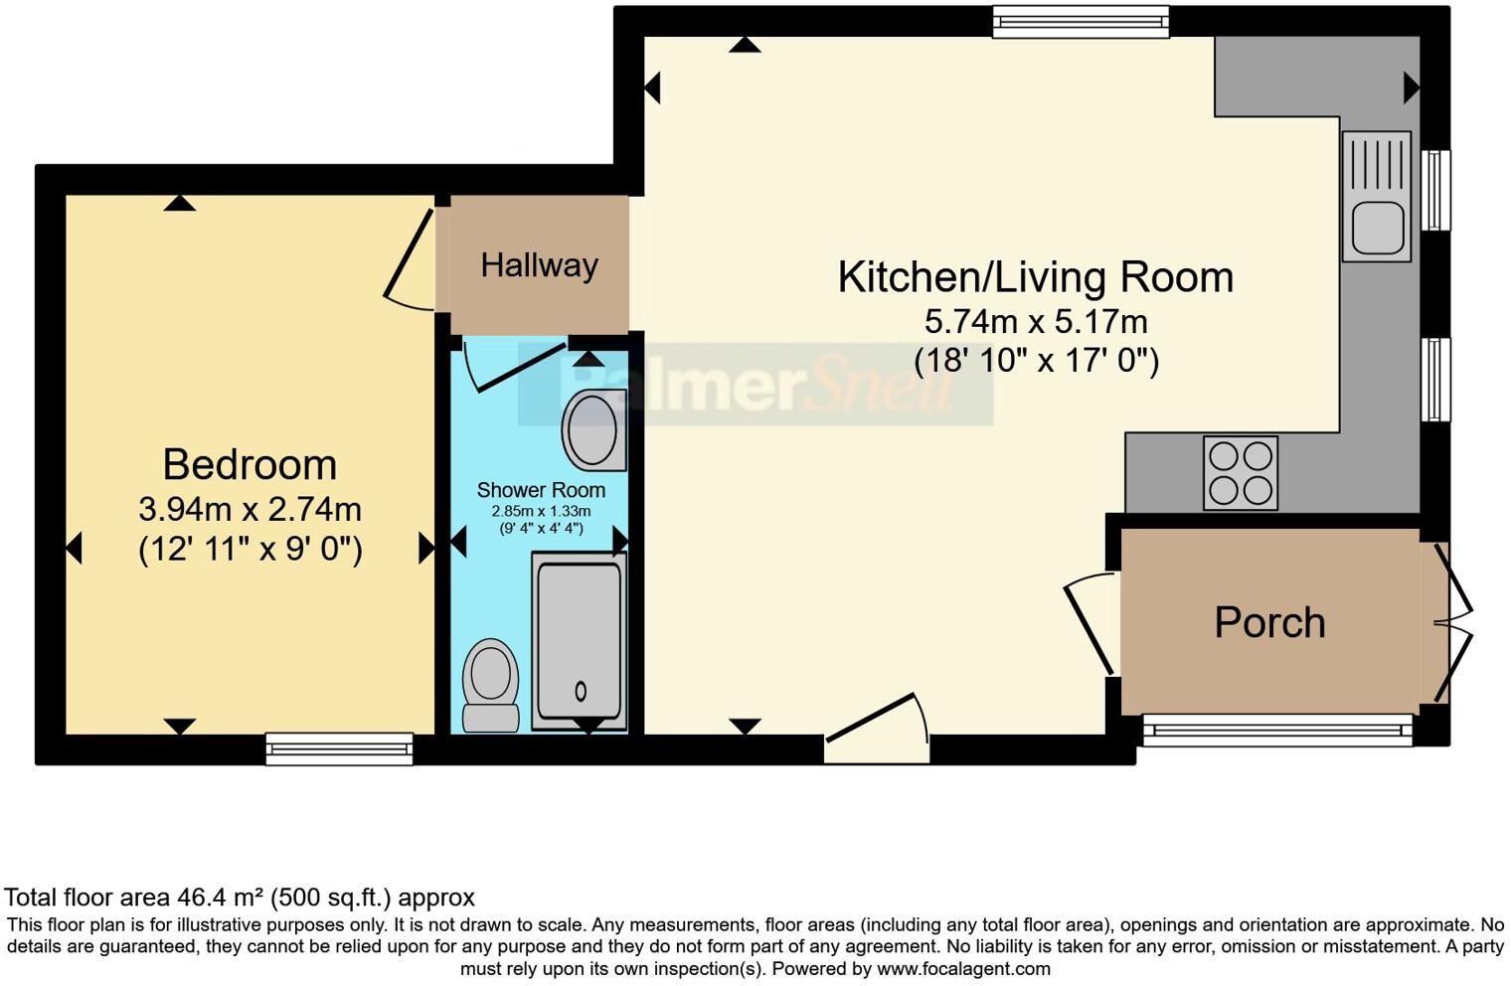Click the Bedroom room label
click(x=250, y=465)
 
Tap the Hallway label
click(x=539, y=265)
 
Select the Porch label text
click(x=1269, y=623)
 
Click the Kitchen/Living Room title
click(x=1035, y=277)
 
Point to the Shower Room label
click(x=541, y=490)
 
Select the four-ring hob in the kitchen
click(x=1240, y=473)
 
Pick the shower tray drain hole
click(x=581, y=691)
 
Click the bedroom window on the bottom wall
click(x=339, y=748)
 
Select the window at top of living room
click(x=1081, y=22)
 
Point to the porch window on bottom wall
click(x=1276, y=731)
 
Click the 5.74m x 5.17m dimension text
click(x=1035, y=322)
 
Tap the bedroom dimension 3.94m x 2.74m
click(x=250, y=510)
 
